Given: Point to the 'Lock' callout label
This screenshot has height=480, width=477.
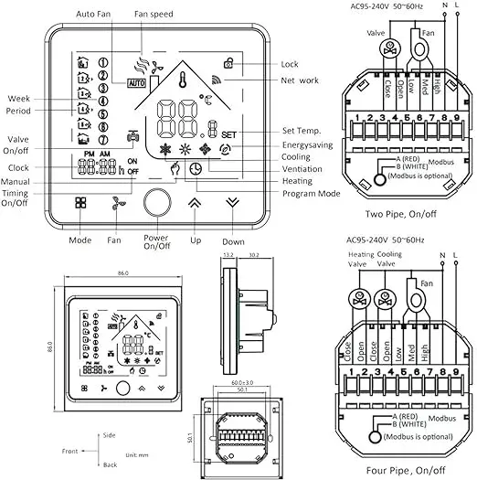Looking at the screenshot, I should click(x=290, y=65).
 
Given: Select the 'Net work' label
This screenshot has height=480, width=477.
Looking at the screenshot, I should click(x=301, y=80).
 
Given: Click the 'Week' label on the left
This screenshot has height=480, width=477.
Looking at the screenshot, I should click(x=19, y=99).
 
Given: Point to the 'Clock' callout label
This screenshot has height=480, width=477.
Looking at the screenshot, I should click(x=19, y=168).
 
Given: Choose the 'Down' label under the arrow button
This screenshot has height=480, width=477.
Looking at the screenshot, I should click(x=233, y=240).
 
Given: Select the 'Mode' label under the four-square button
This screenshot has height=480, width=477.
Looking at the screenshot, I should click(x=81, y=240).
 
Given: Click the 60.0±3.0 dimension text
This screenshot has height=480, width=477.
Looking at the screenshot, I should click(x=239, y=382).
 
